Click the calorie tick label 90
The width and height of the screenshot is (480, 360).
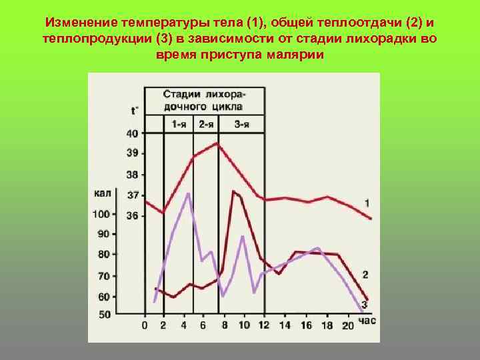103,234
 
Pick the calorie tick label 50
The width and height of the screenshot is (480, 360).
104,314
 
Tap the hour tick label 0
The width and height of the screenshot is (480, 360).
145,325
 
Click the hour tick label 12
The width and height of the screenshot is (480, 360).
263,325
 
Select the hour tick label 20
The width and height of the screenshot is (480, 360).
347,325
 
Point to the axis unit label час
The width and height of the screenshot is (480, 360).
367,321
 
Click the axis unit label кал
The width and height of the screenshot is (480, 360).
102,194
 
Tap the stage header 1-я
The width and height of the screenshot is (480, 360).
179,124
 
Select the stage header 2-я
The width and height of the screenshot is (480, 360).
205,124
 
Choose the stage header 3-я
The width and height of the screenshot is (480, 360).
241,124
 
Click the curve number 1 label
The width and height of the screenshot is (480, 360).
367,202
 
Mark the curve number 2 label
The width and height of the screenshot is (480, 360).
365,274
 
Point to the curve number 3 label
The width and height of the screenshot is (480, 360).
365,305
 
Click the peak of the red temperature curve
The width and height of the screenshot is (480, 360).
217,143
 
